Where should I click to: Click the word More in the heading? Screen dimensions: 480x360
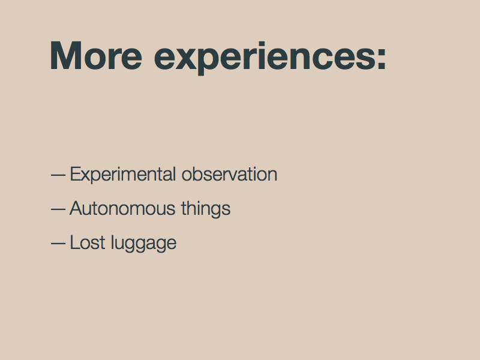[x=96, y=56]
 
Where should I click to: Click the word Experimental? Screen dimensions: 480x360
[x=123, y=175]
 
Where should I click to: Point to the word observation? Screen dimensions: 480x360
[x=230, y=174]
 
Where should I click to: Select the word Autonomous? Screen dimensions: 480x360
[x=122, y=208]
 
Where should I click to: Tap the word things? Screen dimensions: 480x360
[x=206, y=209]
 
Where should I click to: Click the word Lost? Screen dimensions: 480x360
[x=88, y=243]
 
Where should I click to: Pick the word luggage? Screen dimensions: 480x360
[x=143, y=244]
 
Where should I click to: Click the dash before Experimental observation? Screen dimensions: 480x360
[x=58, y=175]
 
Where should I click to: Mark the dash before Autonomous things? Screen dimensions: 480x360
[x=58, y=209]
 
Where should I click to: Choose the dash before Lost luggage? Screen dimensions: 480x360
[x=58, y=244]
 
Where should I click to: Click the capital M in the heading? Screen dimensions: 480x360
[x=66, y=56]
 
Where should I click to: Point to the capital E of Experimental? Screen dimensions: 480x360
[x=76, y=174]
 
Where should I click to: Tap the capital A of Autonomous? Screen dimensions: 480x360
[x=77, y=208]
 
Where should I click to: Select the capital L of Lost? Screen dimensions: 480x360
[x=76, y=243]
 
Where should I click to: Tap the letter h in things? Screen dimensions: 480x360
[x=192, y=208]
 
